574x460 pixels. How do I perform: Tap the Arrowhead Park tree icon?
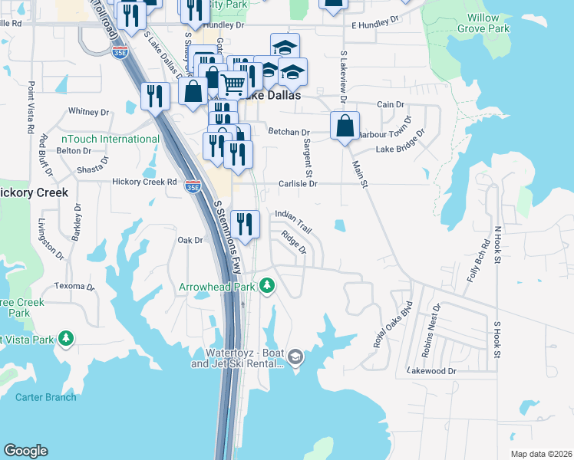(x=267, y=287)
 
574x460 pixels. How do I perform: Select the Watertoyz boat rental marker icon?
(x=296, y=357)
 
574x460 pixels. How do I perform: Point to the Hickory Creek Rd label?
(x=144, y=182)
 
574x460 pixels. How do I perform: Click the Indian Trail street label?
(x=293, y=219)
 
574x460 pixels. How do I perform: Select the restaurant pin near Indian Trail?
(x=245, y=224)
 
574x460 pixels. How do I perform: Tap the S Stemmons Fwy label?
(x=227, y=237)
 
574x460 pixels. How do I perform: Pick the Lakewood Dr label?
(x=434, y=371)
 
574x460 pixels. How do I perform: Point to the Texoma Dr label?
(x=74, y=287)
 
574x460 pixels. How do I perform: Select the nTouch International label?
(x=110, y=139)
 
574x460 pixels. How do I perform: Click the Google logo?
(x=25, y=451)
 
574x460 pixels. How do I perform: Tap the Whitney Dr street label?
(x=89, y=112)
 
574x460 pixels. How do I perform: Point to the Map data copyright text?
(x=541, y=454)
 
